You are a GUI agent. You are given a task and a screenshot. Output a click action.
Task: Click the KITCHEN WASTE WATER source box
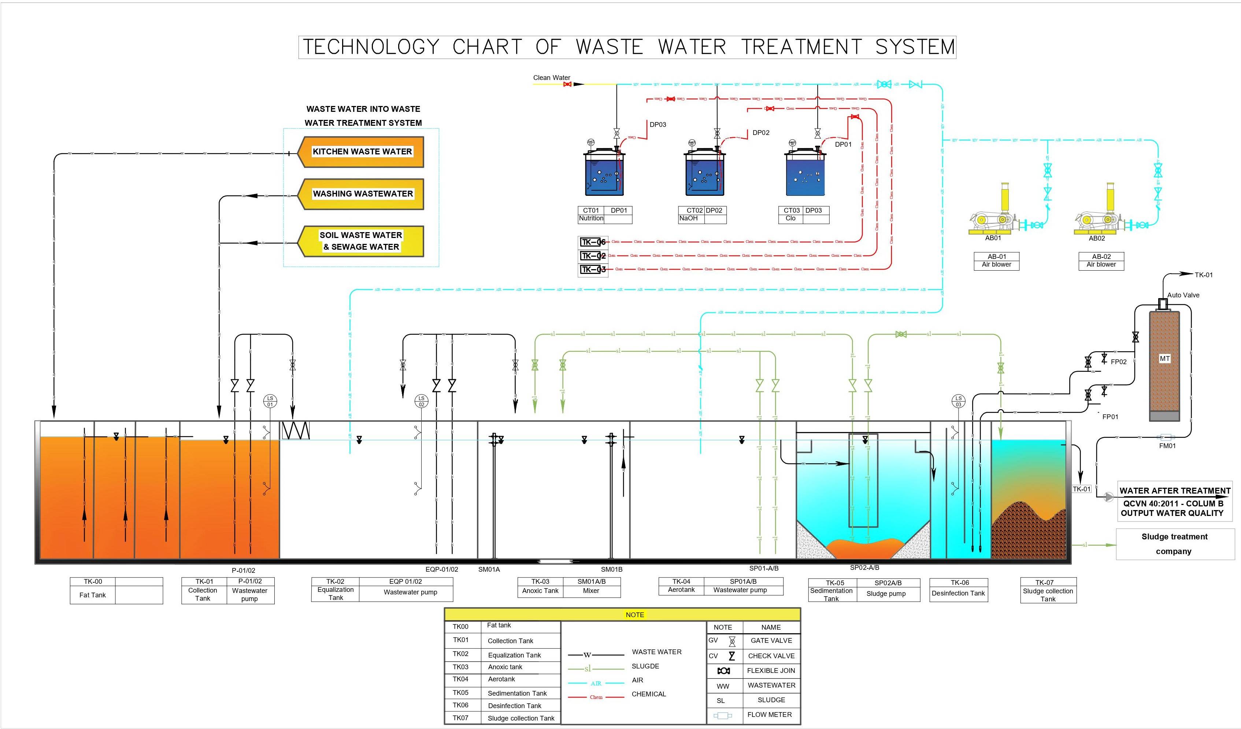362,152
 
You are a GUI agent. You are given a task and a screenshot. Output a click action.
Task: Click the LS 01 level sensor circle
270,401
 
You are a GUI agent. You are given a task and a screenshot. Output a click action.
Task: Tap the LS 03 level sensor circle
958,401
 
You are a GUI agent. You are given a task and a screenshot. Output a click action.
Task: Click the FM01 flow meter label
1167,446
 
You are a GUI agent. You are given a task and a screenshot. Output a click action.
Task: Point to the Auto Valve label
1183,295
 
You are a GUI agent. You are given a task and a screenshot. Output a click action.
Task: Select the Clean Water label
552,77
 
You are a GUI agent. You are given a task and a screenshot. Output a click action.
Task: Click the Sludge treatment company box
1174,544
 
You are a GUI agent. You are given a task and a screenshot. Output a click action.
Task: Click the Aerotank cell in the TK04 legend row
501,679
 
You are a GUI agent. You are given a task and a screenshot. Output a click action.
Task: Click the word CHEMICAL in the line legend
649,694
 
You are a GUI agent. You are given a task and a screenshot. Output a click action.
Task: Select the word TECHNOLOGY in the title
371,47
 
